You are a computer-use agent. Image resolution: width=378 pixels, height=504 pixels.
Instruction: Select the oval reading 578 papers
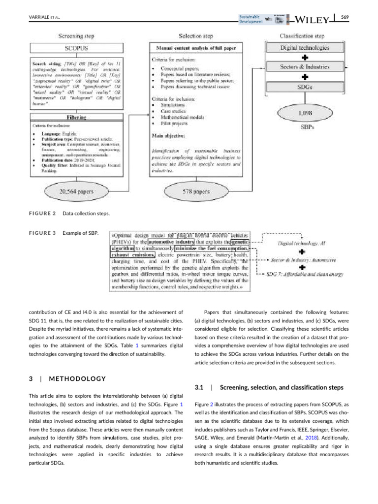point(195,191)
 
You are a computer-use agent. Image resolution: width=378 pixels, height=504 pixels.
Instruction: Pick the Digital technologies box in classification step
point(305,48)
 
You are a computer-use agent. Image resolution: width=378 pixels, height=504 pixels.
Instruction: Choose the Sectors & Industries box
point(305,66)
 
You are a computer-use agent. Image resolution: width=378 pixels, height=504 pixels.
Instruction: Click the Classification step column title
point(305,36)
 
